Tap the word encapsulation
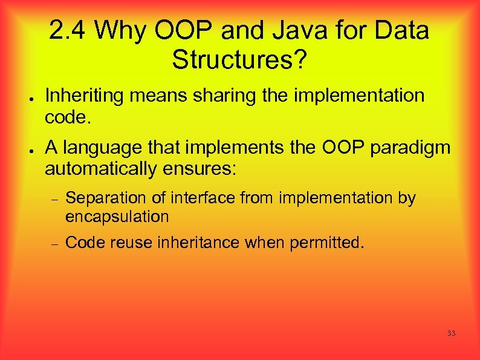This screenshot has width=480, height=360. click(117, 217)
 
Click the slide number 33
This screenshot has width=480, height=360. click(451, 333)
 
